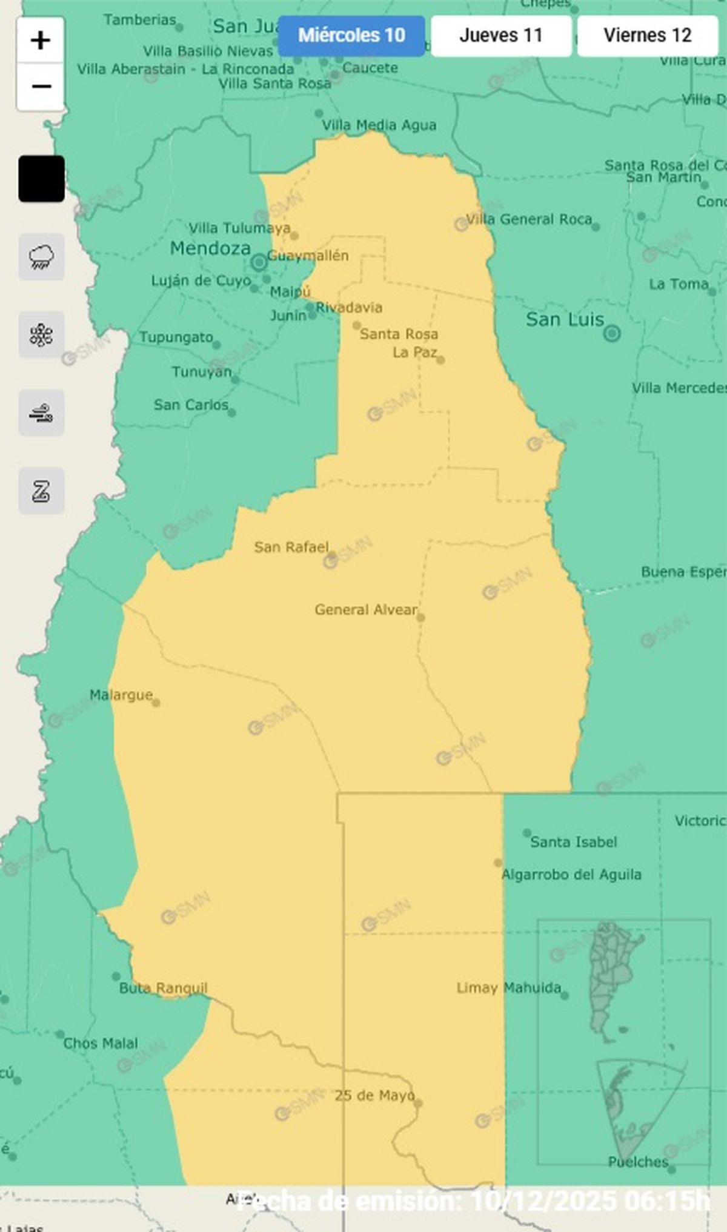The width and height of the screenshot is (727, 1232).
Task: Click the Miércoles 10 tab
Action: (x=351, y=36)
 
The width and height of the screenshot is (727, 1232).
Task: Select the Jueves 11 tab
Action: (x=501, y=36)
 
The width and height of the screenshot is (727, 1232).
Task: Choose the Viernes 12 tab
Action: (x=647, y=36)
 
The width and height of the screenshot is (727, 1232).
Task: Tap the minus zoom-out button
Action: (x=41, y=87)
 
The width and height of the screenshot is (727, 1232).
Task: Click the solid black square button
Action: (x=41, y=179)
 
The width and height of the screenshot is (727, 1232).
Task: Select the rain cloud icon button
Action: (x=41, y=257)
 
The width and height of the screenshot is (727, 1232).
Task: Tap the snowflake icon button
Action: (x=41, y=335)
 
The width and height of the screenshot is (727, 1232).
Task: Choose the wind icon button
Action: (x=41, y=413)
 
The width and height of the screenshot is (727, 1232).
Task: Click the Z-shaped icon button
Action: (x=41, y=491)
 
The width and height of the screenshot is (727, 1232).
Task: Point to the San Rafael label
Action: (x=291, y=547)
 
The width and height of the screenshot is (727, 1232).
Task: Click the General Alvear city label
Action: (x=366, y=609)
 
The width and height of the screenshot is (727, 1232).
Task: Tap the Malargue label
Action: (x=121, y=695)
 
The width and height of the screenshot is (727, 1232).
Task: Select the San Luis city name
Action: (x=565, y=319)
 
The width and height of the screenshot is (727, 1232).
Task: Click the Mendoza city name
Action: (x=210, y=248)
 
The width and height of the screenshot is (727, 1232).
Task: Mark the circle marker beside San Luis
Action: (x=612, y=333)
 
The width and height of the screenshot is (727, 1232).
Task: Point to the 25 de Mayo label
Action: (x=374, y=1095)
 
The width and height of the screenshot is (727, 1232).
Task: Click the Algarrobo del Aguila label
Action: (x=571, y=874)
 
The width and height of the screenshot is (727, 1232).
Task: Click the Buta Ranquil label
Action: (x=163, y=989)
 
